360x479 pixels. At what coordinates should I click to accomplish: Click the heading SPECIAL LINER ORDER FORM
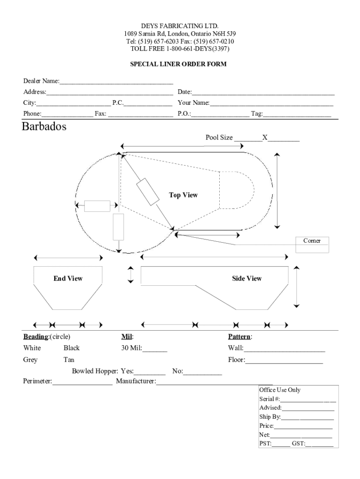178,64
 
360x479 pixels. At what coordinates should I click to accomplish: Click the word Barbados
44,127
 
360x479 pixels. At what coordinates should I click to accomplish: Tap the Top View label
183,195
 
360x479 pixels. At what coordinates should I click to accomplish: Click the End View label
68,279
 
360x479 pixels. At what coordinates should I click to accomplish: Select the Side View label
247,279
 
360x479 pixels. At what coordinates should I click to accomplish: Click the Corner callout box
312,241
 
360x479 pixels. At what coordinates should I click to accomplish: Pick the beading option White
32,348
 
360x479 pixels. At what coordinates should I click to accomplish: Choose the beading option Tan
69,360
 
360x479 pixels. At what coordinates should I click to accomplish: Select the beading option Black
72,348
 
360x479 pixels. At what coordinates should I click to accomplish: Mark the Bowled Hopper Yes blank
150,372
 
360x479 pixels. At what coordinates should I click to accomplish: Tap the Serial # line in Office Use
308,400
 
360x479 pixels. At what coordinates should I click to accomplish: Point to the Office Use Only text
280,390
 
